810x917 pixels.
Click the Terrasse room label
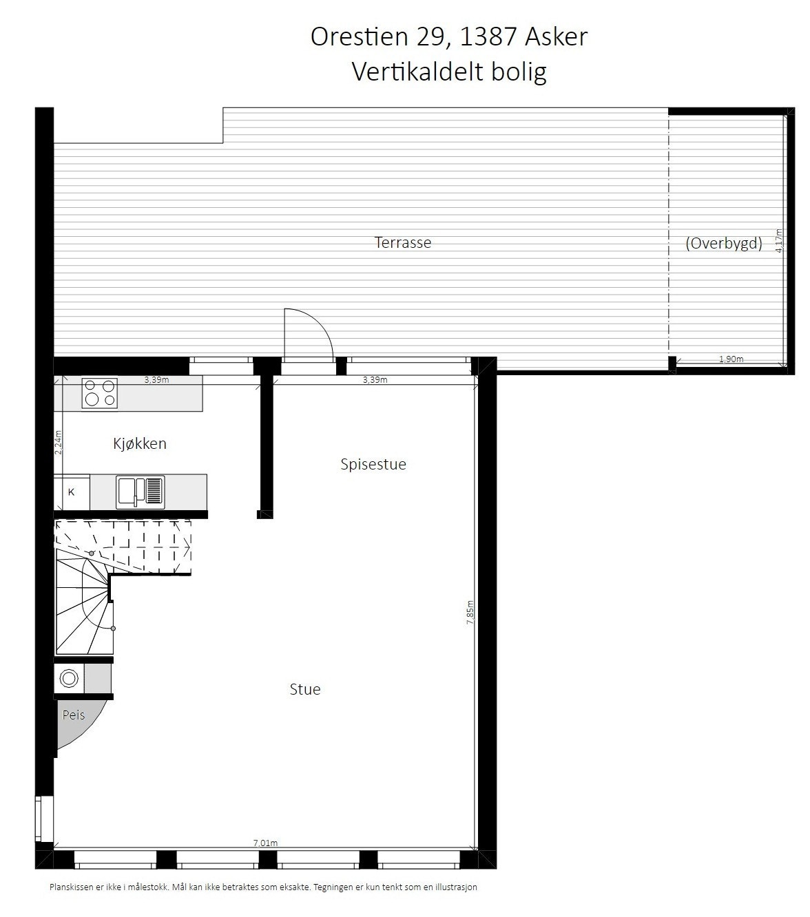pyautogui.click(x=403, y=242)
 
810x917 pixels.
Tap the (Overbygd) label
pyautogui.click(x=724, y=243)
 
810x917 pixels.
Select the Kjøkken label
pyautogui.click(x=140, y=443)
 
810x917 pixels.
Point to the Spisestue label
pyautogui.click(x=373, y=464)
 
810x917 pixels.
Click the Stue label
pyautogui.click(x=305, y=689)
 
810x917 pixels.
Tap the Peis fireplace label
pyautogui.click(x=74, y=715)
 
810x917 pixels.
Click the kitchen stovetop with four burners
pyautogui.click(x=99, y=393)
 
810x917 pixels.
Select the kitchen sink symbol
pyautogui.click(x=141, y=492)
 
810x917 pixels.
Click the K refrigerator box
pyautogui.click(x=72, y=492)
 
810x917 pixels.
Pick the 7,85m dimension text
pyautogui.click(x=470, y=612)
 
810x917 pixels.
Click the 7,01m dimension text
pyautogui.click(x=265, y=843)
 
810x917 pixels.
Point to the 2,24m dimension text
pyautogui.click(x=59, y=442)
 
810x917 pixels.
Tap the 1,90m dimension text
pyautogui.click(x=731, y=359)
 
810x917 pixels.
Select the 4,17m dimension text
pyautogui.click(x=779, y=242)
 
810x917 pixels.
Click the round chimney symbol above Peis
pyautogui.click(x=69, y=679)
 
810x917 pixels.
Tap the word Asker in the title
pyautogui.click(x=557, y=36)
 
